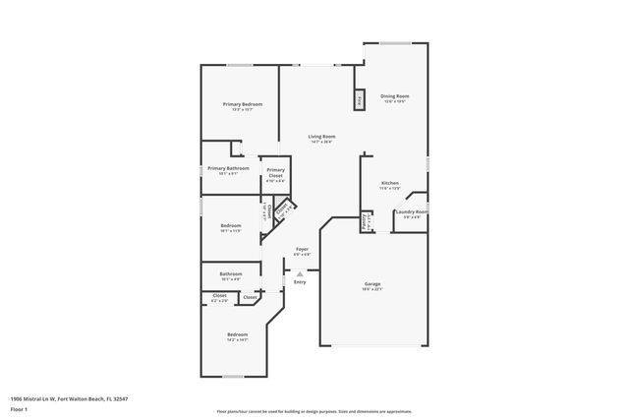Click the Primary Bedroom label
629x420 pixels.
(x=242, y=104)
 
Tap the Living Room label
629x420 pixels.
(x=321, y=137)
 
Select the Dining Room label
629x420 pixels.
(x=394, y=96)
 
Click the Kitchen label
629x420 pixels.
(x=390, y=184)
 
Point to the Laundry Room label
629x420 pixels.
(x=411, y=211)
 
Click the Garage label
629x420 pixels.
(x=372, y=284)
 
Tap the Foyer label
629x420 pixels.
(x=303, y=250)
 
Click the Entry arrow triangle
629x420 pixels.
(x=300, y=273)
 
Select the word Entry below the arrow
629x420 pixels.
(x=300, y=283)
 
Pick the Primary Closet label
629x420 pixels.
(x=275, y=173)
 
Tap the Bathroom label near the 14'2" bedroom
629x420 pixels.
(x=231, y=273)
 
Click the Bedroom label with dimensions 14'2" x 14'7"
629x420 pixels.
(x=236, y=335)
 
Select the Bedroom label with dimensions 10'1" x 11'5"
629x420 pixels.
(x=231, y=226)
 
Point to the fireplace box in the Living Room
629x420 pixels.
(x=360, y=99)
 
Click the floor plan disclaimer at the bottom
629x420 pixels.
(x=314, y=411)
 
